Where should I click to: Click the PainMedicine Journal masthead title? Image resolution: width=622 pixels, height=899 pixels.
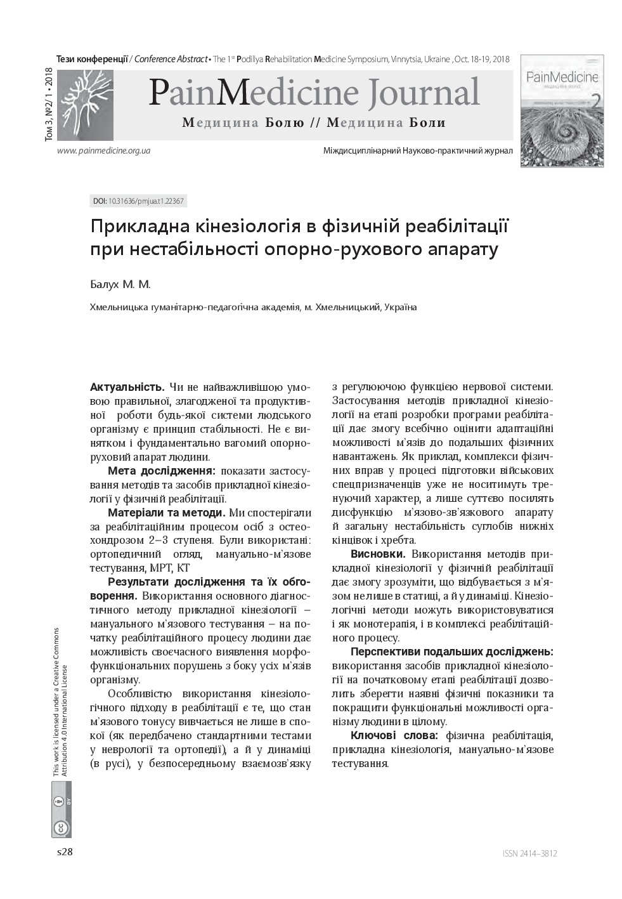click(x=314, y=93)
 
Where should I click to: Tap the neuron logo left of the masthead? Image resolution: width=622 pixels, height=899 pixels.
click(x=85, y=105)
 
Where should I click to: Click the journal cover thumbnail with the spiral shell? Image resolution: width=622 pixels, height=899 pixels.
click(x=561, y=111)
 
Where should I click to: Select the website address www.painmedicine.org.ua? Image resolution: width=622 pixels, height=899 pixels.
click(x=103, y=151)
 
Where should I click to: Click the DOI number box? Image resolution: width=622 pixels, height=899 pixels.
click(x=138, y=201)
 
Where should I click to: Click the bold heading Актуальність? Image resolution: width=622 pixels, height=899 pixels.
click(x=127, y=386)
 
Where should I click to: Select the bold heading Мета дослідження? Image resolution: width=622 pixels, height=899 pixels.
click(x=162, y=471)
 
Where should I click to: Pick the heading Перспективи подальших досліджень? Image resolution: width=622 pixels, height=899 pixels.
click(x=451, y=652)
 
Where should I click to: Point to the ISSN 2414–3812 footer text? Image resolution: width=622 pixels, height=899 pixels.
click(x=529, y=853)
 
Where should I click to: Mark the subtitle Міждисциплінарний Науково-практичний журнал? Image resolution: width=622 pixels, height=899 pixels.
click(x=418, y=151)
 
